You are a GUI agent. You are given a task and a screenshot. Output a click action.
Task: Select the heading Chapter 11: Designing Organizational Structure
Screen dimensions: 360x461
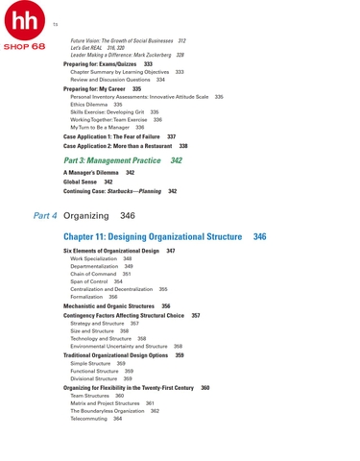point(153,235)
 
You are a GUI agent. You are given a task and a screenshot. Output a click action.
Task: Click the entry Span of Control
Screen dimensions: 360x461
point(91,281)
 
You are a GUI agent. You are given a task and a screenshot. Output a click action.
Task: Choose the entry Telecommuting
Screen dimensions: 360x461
point(90,419)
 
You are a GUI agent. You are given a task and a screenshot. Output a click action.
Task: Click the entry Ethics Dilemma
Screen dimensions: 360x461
point(90,104)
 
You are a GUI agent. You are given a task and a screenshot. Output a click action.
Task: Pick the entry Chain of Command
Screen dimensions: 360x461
point(93,274)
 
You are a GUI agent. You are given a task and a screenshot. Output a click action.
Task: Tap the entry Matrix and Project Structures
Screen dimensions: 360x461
point(106,403)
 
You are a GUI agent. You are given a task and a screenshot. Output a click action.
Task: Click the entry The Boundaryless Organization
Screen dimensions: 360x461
point(108,411)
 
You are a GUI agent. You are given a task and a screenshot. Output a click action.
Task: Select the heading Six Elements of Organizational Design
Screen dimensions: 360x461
point(111,251)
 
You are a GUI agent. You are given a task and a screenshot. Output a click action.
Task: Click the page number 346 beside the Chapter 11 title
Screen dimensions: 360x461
point(259,235)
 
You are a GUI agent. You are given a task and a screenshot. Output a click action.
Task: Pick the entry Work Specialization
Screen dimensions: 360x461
point(94,258)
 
